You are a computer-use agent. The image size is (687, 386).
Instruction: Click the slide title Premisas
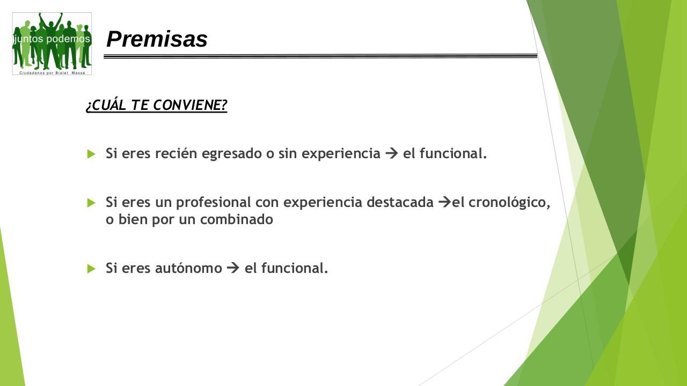pos(157,39)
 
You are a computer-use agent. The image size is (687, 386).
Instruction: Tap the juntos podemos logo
pos(52,43)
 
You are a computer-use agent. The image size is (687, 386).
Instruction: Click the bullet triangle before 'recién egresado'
pos(91,154)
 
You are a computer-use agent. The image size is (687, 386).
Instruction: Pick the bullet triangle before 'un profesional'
pos(91,203)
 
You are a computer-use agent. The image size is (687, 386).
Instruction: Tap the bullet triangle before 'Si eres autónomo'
pos(91,269)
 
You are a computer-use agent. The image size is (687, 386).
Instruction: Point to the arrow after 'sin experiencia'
pos(391,154)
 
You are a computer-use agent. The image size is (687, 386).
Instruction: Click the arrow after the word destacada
pos(444,203)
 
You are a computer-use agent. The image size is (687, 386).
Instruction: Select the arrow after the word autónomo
pos(233,268)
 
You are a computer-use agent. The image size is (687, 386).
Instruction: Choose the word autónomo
pos(188,268)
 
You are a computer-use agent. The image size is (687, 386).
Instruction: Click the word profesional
pos(214,203)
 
